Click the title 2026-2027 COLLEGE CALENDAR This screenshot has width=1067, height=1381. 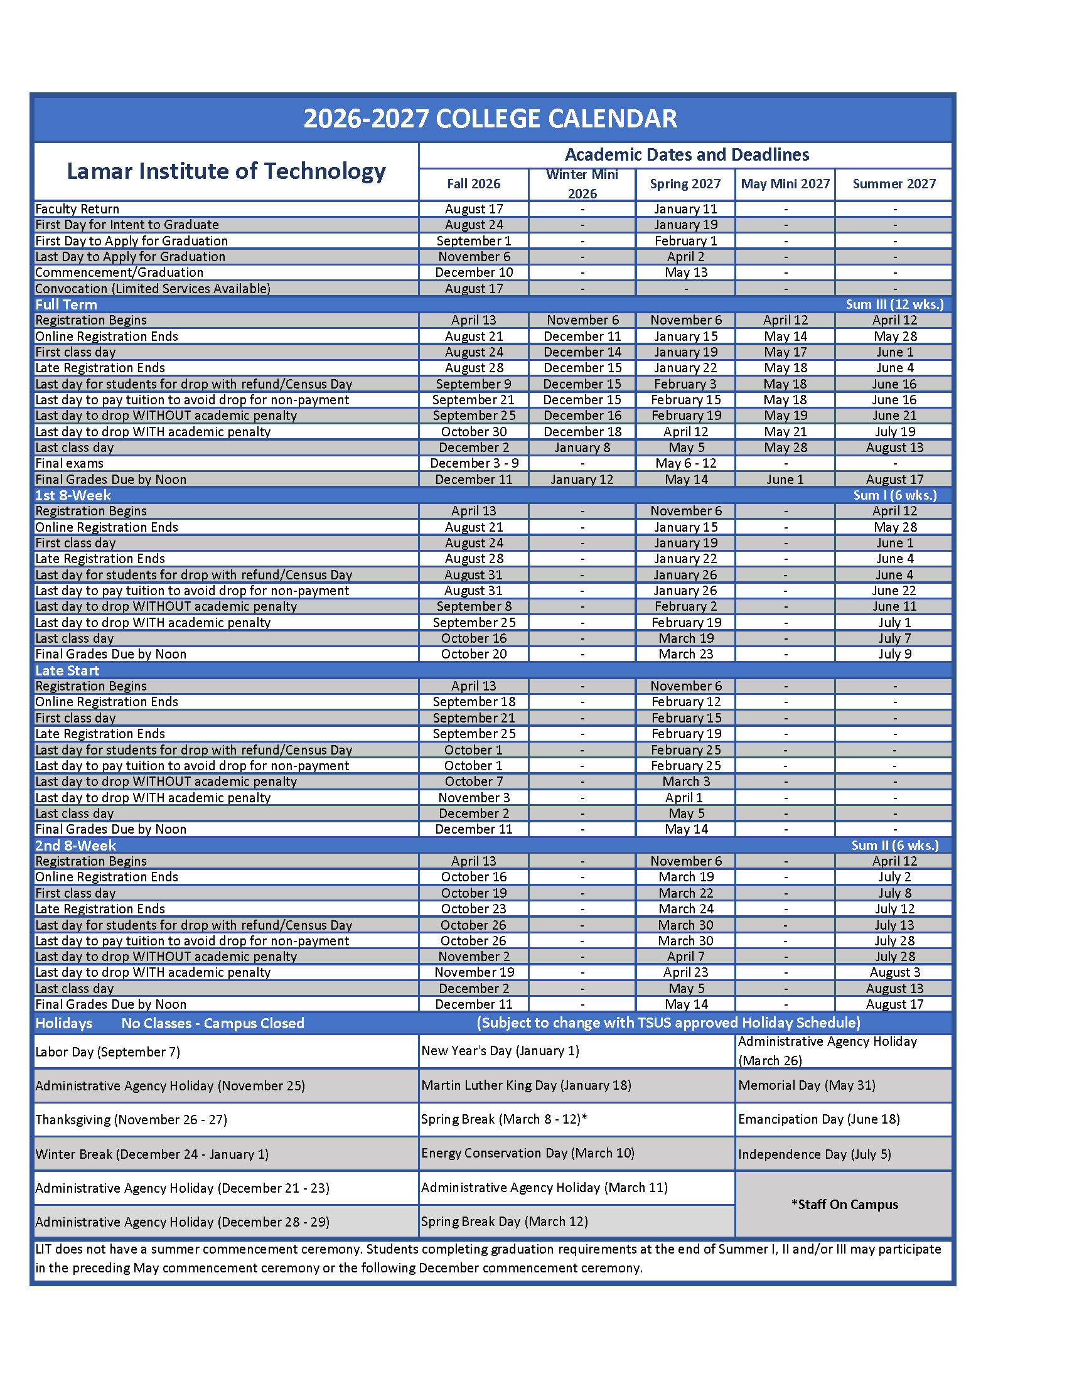point(490,119)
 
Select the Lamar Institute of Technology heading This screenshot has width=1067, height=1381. point(226,171)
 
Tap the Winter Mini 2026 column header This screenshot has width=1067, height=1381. point(582,184)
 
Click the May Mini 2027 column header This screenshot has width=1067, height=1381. point(785,184)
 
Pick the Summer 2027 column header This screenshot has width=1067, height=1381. point(894,184)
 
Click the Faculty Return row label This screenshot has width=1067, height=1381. point(77,209)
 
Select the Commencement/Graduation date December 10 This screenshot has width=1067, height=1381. point(473,272)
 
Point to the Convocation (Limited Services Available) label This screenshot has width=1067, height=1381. point(153,289)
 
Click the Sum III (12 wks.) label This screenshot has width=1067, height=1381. point(894,305)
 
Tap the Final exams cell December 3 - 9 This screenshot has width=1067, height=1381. point(474,463)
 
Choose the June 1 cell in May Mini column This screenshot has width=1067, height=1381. point(785,480)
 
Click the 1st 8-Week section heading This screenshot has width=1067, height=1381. point(73,496)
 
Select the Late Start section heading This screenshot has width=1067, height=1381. point(67,670)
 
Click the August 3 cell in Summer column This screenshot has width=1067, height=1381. point(894,972)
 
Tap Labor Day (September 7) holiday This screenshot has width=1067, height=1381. point(108,1052)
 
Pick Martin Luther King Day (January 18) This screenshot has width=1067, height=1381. point(526,1086)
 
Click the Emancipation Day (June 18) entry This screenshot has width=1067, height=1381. point(818,1119)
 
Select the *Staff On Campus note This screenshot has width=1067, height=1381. point(844,1205)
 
